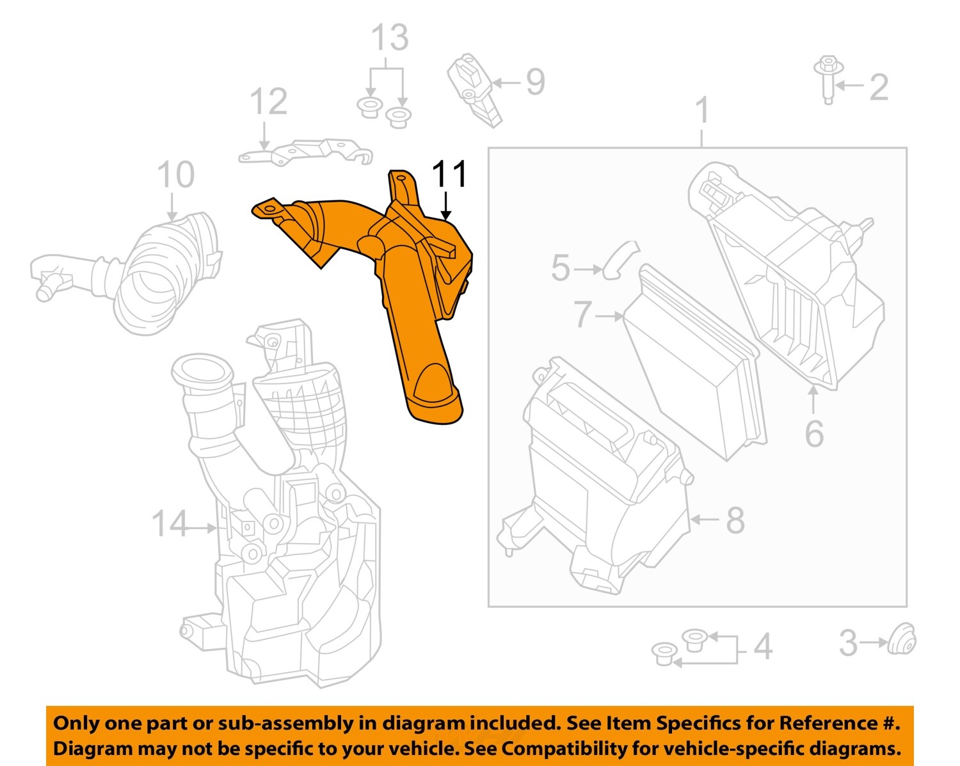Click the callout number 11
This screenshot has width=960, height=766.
pyautogui.click(x=449, y=174)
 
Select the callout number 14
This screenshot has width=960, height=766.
pyautogui.click(x=170, y=524)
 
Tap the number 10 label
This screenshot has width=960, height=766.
pyautogui.click(x=175, y=175)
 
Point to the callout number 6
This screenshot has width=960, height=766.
pyautogui.click(x=814, y=435)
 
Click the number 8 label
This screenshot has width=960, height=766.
pyautogui.click(x=735, y=520)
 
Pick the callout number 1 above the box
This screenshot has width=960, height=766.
pyautogui.click(x=703, y=110)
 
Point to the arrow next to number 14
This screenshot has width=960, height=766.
pyautogui.click(x=205, y=528)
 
